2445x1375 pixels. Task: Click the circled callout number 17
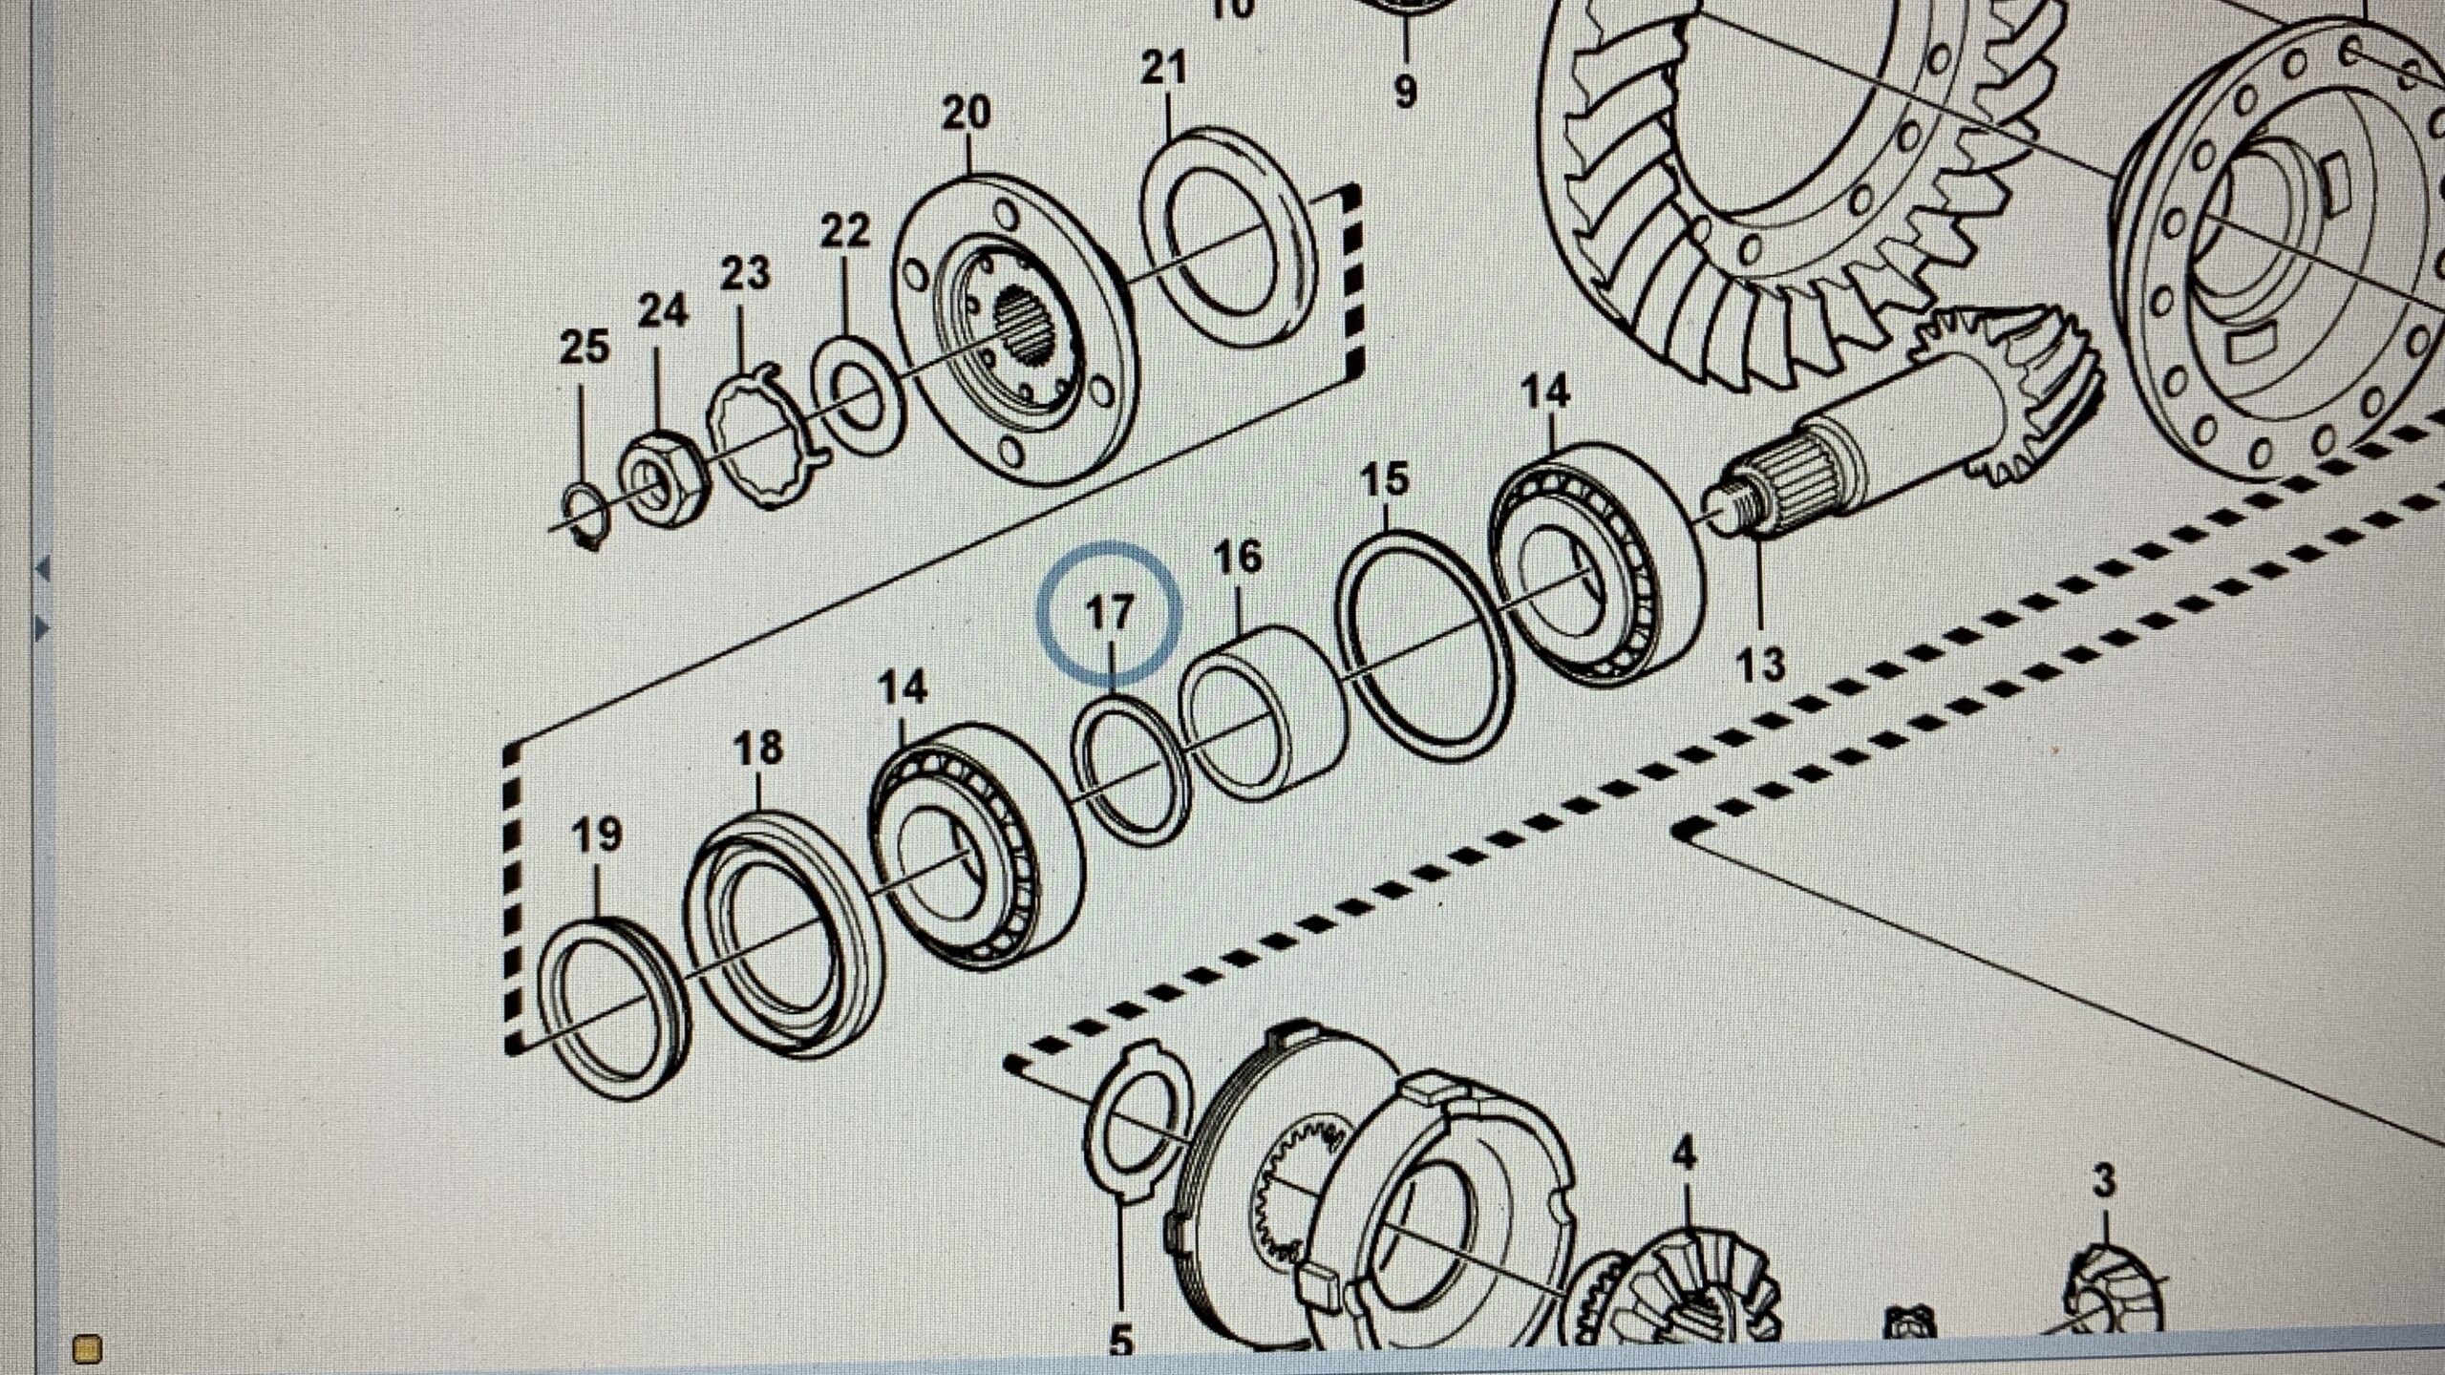pos(1110,612)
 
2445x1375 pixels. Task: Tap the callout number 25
pos(584,348)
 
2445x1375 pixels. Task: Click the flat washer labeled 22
pos(859,393)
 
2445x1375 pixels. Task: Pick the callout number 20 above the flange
pos(966,114)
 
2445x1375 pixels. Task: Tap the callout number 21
pos(1164,69)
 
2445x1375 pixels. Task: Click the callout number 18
pos(759,748)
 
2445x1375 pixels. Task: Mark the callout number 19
pos(597,835)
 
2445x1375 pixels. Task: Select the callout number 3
pos(2104,1181)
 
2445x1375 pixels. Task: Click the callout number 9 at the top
pos(1405,92)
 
